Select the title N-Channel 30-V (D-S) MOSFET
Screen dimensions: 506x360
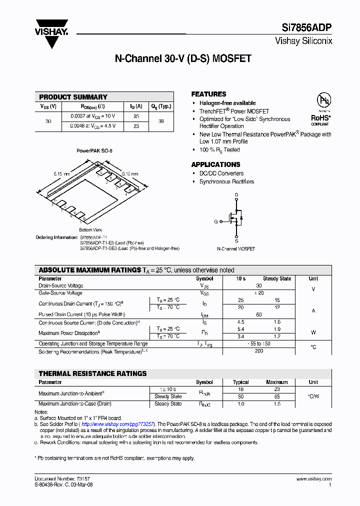pyautogui.click(x=183, y=59)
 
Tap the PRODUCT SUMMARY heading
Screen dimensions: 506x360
pyautogui.click(x=73, y=97)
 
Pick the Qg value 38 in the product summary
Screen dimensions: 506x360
pyautogui.click(x=161, y=121)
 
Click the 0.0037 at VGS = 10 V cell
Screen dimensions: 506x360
pyautogui.click(x=92, y=116)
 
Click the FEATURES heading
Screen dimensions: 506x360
pyautogui.click(x=208, y=94)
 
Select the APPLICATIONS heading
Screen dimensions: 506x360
pyautogui.click(x=215, y=164)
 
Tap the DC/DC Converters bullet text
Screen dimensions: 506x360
pyautogui.click(x=221, y=173)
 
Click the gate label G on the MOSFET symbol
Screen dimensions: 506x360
pyautogui.click(x=216, y=221)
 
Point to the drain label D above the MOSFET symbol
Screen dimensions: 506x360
pyautogui.click(x=236, y=194)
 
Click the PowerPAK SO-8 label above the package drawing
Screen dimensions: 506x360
pyautogui.click(x=94, y=150)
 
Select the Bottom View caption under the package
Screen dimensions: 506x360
pyautogui.click(x=90, y=229)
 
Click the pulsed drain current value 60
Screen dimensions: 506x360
pyautogui.click(x=258, y=314)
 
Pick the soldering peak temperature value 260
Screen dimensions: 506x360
pyautogui.click(x=258, y=351)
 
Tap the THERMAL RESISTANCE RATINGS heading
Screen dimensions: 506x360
pyautogui.click(x=93, y=373)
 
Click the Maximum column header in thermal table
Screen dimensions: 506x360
pyautogui.click(x=276, y=382)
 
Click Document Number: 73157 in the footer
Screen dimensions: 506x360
pyautogui.click(x=62, y=478)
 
